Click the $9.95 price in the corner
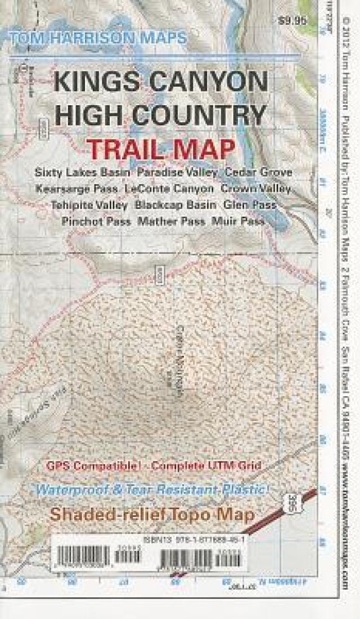pos(292,22)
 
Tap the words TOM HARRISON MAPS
pos(97,38)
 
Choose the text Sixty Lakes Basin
pos(83,171)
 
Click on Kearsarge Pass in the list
pos(76,189)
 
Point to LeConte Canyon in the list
pos(169,189)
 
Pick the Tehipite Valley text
pos(89,205)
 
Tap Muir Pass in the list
pos(238,222)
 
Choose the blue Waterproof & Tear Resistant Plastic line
pos(153,489)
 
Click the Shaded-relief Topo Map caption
pos(152,514)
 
